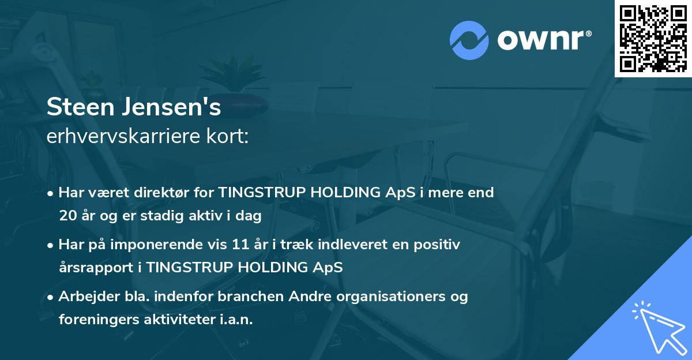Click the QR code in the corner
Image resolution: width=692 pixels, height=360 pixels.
[x=653, y=39]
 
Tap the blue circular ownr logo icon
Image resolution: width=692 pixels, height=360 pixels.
[x=469, y=40]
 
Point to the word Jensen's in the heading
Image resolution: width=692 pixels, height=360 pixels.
[x=171, y=107]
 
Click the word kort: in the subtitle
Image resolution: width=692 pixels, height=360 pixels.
[x=227, y=136]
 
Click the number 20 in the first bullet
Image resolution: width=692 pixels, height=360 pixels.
[x=68, y=215]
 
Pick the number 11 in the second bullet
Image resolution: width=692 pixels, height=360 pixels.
[x=240, y=244]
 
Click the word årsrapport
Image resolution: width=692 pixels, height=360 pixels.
[x=96, y=268]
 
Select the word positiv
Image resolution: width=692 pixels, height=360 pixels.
[x=437, y=245]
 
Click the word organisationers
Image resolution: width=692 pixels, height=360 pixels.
[x=391, y=297]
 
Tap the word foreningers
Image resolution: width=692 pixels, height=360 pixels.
[x=99, y=320]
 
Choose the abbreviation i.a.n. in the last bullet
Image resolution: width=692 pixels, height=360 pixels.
[x=236, y=319]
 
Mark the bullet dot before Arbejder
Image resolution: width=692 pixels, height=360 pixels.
[x=50, y=298]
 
